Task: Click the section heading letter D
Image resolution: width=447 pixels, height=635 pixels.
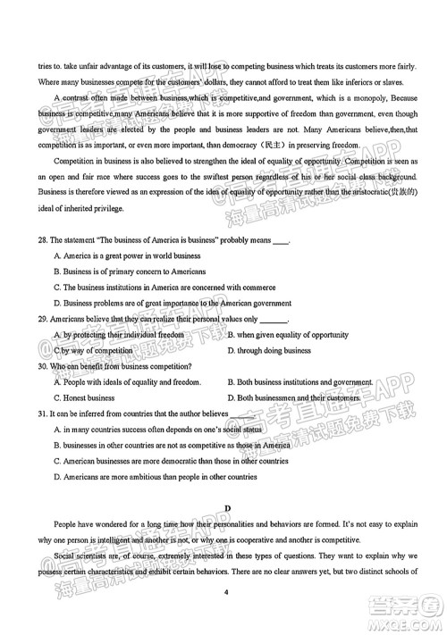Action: click(228, 508)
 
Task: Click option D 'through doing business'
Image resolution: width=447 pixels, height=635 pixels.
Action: click(269, 350)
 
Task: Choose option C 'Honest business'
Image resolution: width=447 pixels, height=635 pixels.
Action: click(84, 397)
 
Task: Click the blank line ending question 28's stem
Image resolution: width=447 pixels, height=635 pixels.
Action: click(281, 240)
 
